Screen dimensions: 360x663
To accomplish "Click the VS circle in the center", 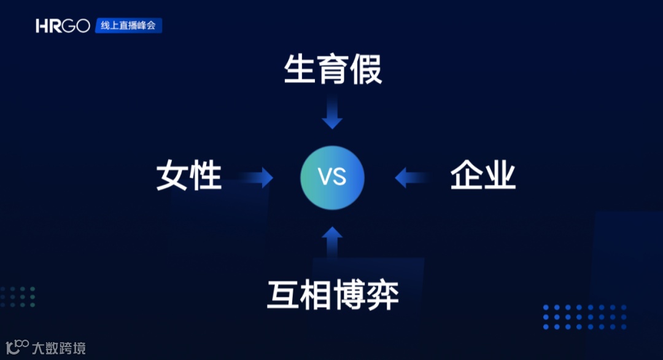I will pos(332,178).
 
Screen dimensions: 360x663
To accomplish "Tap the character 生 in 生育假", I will pos(300,69).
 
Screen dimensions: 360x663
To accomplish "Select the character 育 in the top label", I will pos(333,69).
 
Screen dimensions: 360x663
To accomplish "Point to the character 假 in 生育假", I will pos(366,69).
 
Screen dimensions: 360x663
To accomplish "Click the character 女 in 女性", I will pos(173,176).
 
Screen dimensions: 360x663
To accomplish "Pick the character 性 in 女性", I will pos(206,176).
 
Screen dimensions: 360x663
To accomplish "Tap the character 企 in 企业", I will pos(467,176).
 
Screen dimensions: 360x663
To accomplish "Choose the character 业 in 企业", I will pos(500,176).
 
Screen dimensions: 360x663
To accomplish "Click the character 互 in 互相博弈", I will pos(283,294).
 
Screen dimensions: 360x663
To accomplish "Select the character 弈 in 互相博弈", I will pos(382,294).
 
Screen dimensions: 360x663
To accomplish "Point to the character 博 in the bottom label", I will pos(349,294).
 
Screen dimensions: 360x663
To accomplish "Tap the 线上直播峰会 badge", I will pos(128,26).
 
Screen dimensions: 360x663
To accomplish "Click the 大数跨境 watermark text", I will pos(59,348).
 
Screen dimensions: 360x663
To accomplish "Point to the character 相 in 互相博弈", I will pos(316,294).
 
